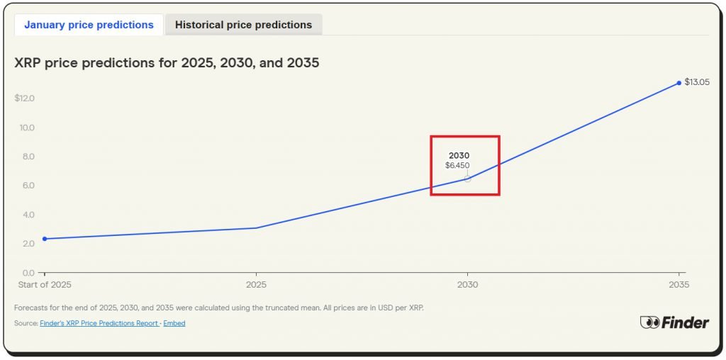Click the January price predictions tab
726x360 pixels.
[x=89, y=25]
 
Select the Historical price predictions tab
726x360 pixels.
[x=243, y=25]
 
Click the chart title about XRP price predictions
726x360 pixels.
[x=167, y=63]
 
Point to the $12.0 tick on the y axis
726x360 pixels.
[x=25, y=98]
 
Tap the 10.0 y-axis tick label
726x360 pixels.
[x=27, y=128]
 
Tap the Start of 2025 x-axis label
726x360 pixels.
[x=44, y=285]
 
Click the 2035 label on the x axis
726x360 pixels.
[x=678, y=285]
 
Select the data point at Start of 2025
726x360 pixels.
[x=45, y=239]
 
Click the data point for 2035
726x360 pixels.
[x=679, y=83]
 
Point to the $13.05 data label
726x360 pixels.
[x=697, y=82]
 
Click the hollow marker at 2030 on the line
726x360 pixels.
[x=467, y=179]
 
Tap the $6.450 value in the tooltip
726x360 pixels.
[x=457, y=166]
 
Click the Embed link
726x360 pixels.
[x=174, y=323]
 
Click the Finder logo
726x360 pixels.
[x=674, y=322]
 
